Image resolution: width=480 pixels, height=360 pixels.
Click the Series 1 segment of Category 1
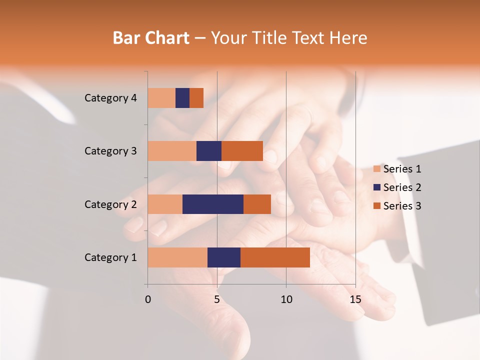point(177,257)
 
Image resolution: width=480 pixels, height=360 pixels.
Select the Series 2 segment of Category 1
point(224,257)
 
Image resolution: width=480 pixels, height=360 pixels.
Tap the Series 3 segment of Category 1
point(275,257)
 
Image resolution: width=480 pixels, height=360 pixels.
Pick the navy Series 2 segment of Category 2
point(213,204)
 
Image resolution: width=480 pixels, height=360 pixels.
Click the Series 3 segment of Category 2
point(257,204)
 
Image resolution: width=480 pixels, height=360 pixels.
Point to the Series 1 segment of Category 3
point(172,151)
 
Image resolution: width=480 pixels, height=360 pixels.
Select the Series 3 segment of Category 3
point(242,151)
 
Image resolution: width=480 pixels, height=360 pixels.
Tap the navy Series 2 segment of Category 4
point(182,98)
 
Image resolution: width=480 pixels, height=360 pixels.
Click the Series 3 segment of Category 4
point(196,98)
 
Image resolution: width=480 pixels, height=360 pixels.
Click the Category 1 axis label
point(110,257)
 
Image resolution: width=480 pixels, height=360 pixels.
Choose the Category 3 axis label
point(110,151)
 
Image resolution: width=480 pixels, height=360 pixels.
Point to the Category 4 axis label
point(110,98)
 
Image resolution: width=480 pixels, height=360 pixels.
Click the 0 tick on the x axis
point(148,299)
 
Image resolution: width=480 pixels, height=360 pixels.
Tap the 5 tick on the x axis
point(217,299)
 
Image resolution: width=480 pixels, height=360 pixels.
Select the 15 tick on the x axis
point(355,299)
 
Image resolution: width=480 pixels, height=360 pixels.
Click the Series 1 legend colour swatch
point(376,169)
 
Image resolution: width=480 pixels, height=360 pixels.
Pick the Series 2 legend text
point(402,187)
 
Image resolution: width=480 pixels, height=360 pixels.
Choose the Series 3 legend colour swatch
point(376,206)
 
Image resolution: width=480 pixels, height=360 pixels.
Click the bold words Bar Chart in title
point(151,38)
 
